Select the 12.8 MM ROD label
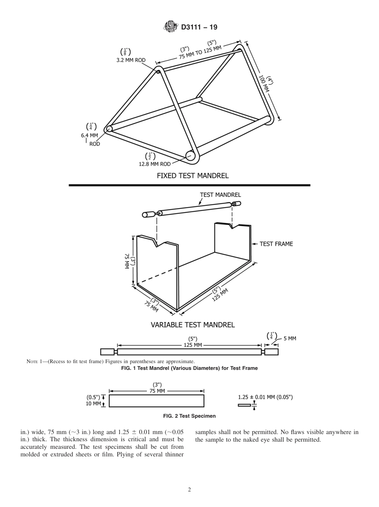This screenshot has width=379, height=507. [155, 164]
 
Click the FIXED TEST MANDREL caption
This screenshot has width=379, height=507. [192, 175]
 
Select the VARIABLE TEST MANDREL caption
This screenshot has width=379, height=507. [192, 324]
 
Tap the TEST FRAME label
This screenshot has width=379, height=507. [276, 244]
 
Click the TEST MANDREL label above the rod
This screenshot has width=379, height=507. [220, 195]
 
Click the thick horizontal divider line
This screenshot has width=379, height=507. [189, 185]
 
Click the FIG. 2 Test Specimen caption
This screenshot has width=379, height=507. [189, 416]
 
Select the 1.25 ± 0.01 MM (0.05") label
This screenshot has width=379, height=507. [265, 397]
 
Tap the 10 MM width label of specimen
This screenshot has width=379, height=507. [94, 404]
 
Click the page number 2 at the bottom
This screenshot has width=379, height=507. [189, 490]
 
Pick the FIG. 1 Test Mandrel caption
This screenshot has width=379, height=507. [189, 368]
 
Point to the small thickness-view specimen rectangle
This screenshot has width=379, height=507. [244, 405]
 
